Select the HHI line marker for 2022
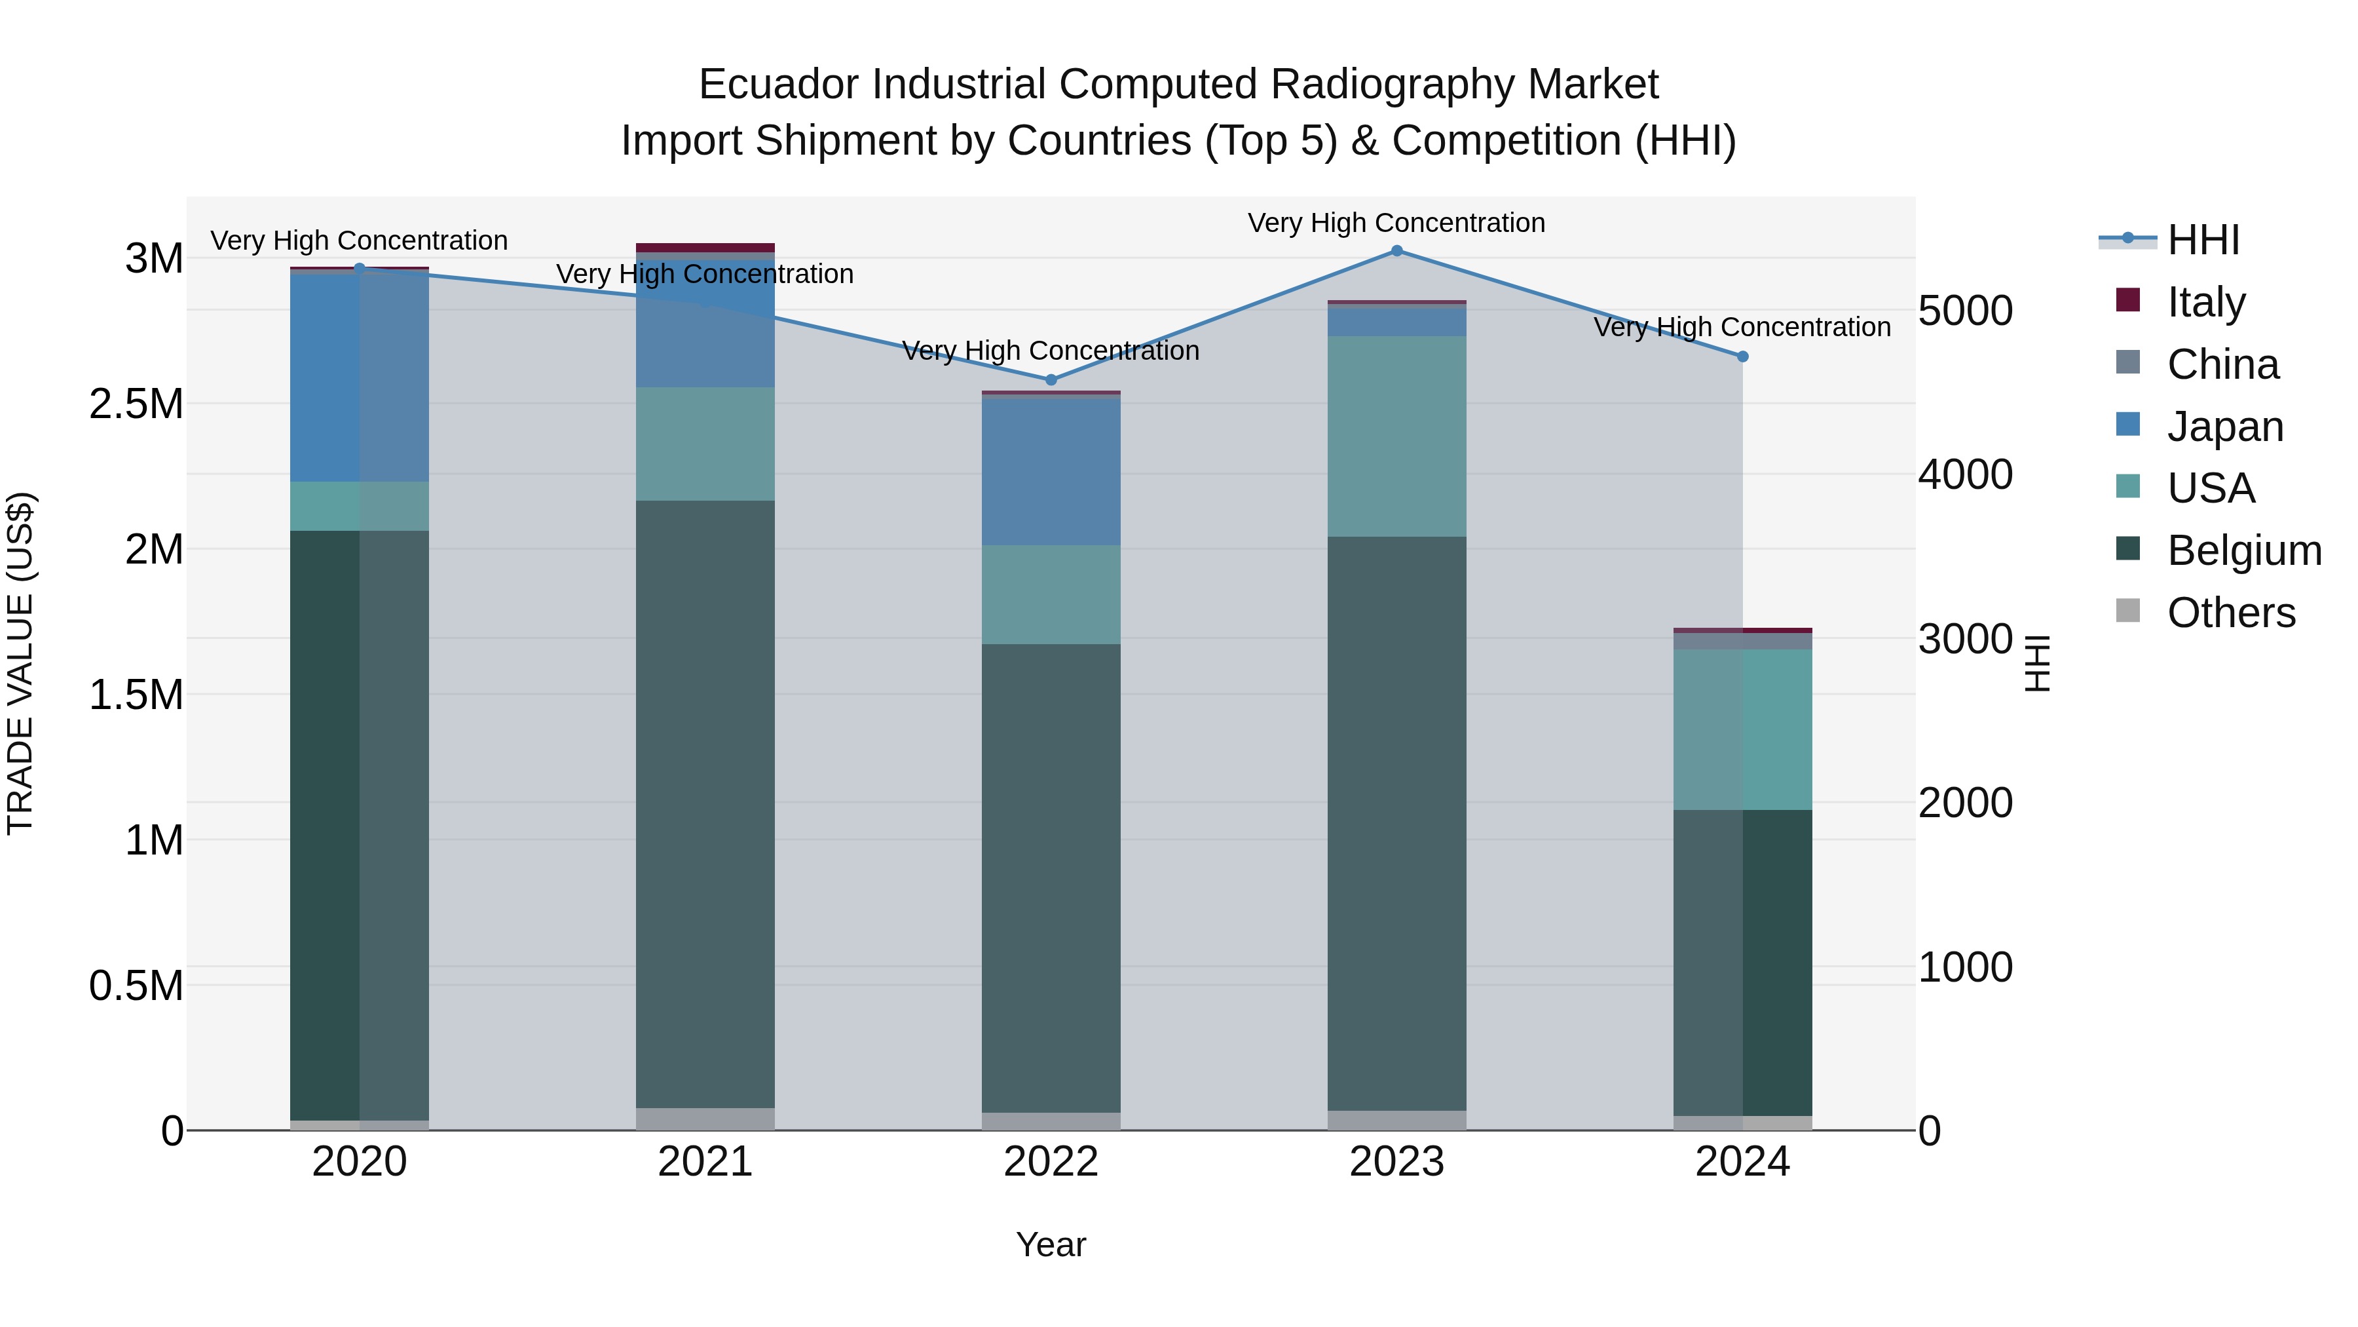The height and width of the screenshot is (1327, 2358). pos(1051,380)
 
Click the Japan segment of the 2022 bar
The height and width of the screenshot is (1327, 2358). pos(1051,472)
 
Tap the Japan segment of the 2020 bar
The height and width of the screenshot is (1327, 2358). pos(359,377)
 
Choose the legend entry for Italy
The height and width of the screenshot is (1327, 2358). pos(2205,302)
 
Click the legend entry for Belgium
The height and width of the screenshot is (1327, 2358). pos(2243,550)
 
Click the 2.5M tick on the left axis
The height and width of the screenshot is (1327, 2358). pos(136,404)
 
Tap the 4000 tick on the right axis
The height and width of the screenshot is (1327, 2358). pos(1964,474)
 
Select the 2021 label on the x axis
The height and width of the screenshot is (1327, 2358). pos(705,1162)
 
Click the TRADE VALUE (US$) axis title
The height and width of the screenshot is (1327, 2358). pos(20,663)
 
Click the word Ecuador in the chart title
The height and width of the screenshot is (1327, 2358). pos(778,85)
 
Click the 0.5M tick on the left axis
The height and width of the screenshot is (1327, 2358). pos(136,986)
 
